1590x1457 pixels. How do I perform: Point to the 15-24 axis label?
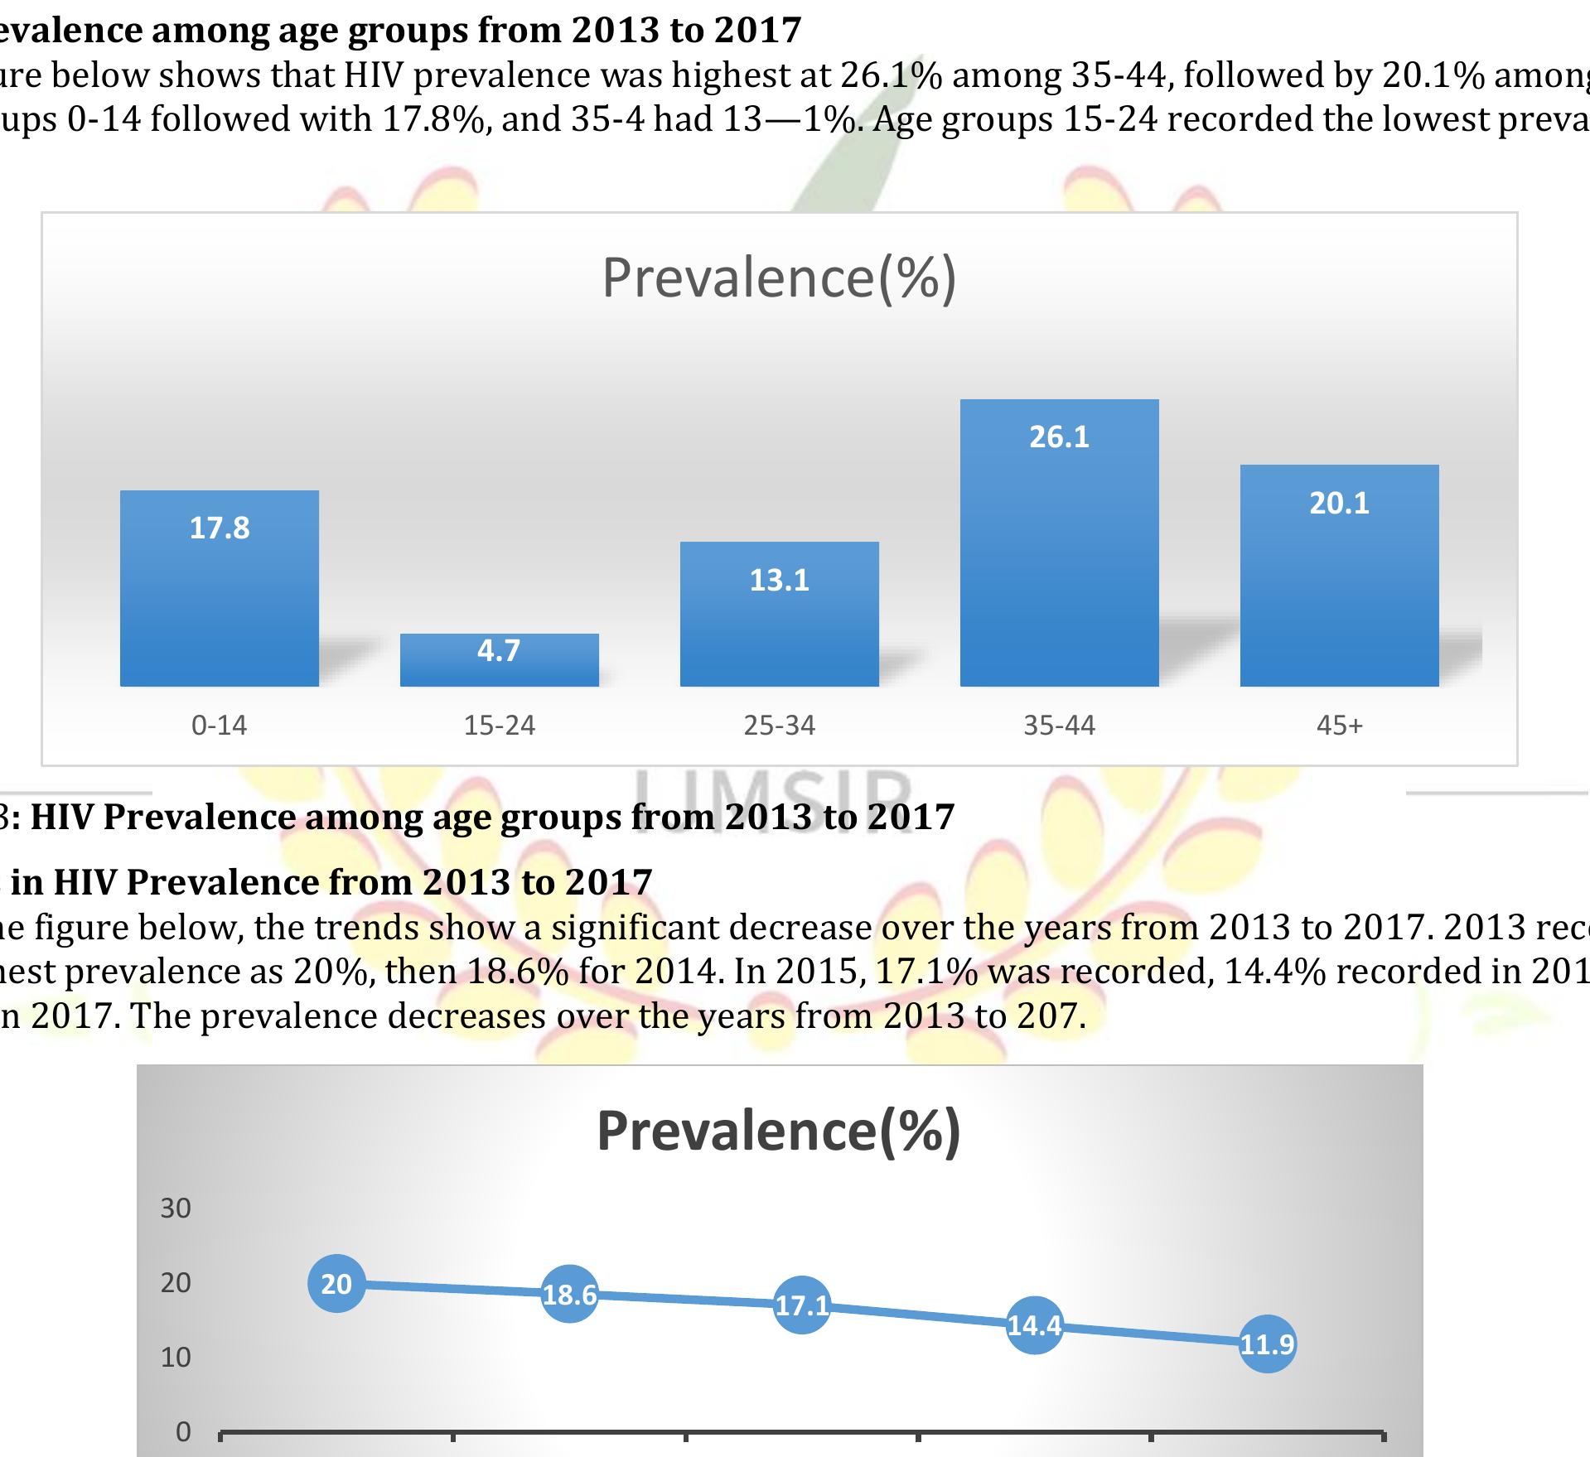tap(499, 726)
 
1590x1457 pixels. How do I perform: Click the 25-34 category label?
tap(779, 726)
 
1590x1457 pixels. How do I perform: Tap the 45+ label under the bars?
tap(1339, 726)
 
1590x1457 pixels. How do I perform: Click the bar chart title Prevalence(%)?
tap(779, 278)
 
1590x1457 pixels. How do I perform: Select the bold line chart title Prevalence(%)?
tap(779, 1131)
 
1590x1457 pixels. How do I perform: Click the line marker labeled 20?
tap(336, 1284)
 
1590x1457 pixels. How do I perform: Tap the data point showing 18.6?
tap(569, 1295)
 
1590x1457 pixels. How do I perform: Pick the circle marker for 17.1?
tap(802, 1305)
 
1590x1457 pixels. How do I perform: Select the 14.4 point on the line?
tap(1034, 1326)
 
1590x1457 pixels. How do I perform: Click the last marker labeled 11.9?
tap(1267, 1344)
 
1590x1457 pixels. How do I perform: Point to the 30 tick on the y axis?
tap(176, 1209)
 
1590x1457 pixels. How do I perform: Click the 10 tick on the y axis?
tap(176, 1358)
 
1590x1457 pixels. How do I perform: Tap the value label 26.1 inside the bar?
tap(1059, 437)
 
